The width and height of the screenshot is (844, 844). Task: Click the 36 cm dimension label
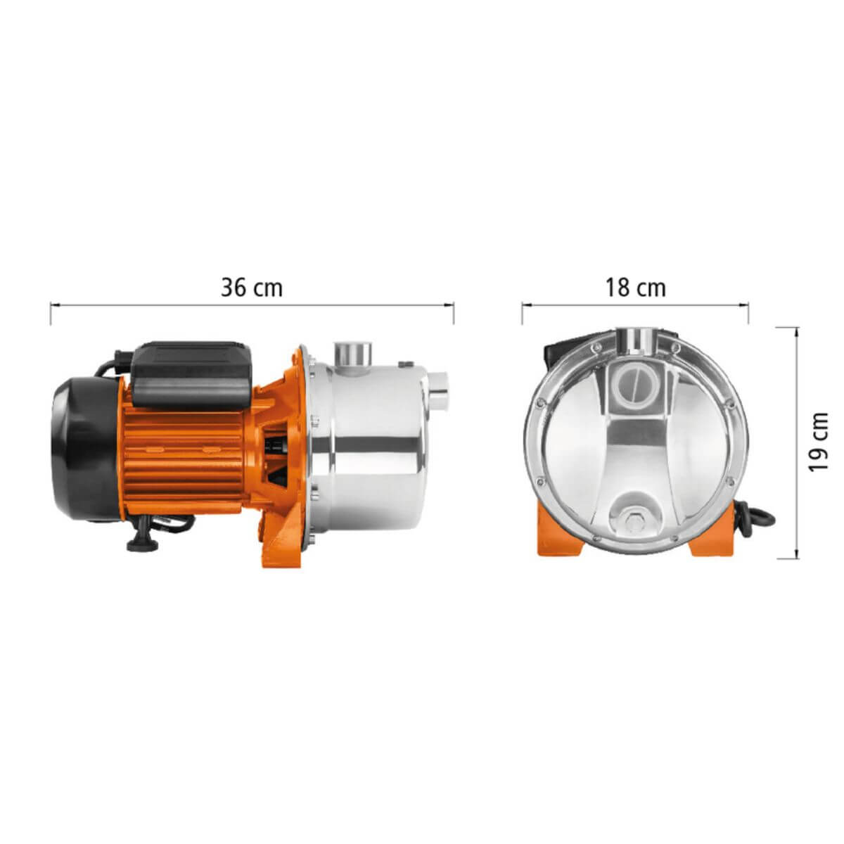(x=251, y=288)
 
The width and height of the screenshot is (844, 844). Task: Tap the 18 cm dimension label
(x=635, y=288)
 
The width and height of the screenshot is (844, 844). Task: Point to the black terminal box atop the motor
(x=191, y=377)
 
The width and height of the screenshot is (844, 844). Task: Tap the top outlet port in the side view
(x=352, y=354)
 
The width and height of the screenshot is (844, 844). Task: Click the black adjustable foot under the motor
(x=143, y=538)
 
